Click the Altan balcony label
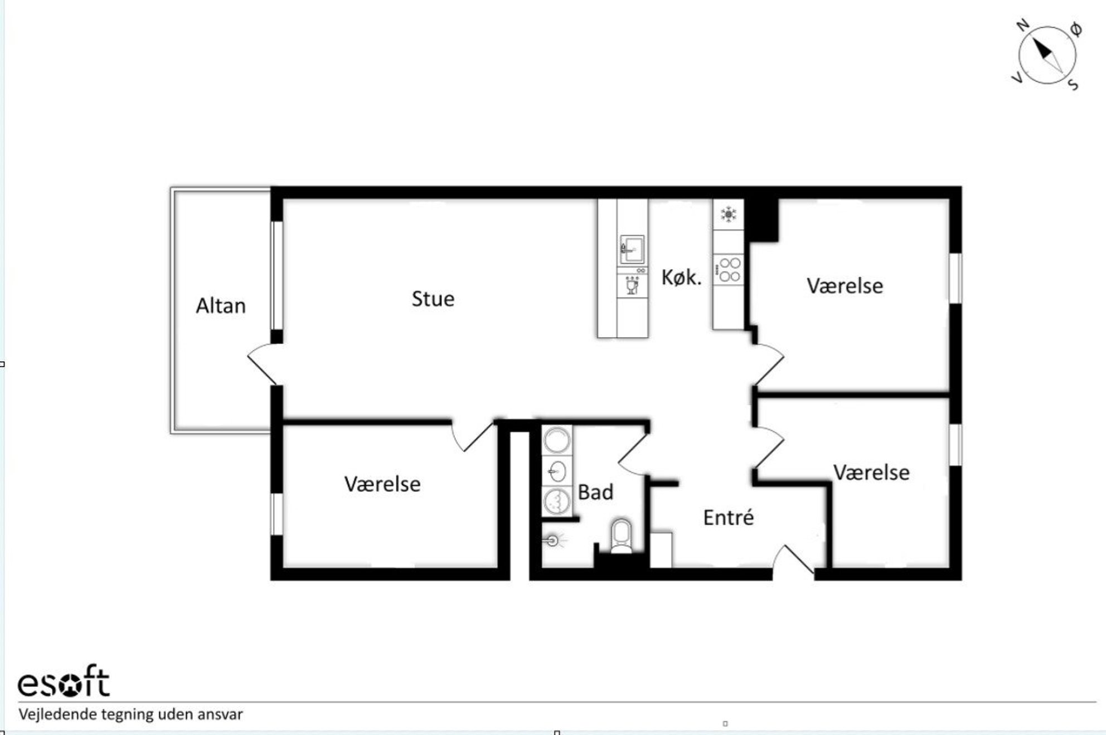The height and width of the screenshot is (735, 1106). (x=221, y=305)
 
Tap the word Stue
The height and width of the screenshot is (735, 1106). (x=433, y=299)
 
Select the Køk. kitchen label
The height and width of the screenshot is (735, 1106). (x=681, y=277)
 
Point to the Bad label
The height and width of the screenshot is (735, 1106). (x=595, y=492)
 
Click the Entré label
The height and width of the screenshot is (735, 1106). (x=728, y=517)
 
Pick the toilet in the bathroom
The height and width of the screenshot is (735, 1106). (x=621, y=536)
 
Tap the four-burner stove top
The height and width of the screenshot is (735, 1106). (x=729, y=270)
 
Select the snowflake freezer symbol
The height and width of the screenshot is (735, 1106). (x=728, y=214)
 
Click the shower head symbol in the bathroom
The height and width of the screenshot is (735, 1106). (x=553, y=540)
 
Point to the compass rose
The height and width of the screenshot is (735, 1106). (x=1047, y=55)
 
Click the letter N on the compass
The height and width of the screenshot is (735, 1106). (x=1022, y=25)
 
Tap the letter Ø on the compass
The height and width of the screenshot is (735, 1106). (x=1075, y=30)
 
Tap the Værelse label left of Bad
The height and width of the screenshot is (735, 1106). (x=382, y=484)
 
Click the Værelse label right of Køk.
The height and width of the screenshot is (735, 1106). (x=845, y=286)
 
